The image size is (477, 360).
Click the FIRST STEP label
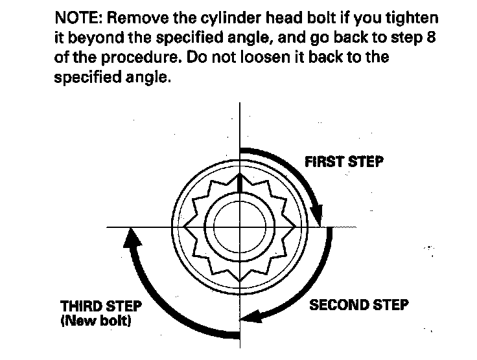click(343, 161)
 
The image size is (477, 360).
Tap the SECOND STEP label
click(360, 304)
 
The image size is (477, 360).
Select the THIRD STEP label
click(100, 306)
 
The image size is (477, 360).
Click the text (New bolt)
click(95, 320)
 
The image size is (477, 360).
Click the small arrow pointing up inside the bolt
click(240, 182)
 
